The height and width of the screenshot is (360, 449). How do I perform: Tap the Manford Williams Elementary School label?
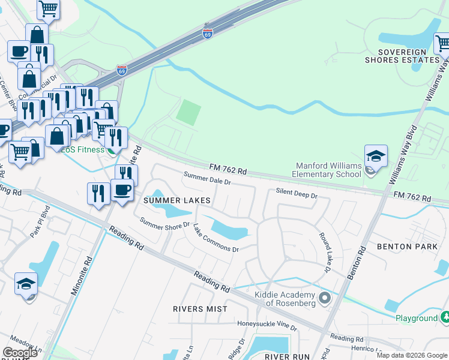point(330,170)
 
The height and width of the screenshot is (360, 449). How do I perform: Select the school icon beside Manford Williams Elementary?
point(376,157)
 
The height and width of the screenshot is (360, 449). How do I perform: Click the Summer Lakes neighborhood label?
point(176,200)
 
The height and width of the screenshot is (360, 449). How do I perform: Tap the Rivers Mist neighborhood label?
point(200,309)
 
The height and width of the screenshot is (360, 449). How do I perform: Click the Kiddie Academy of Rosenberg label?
point(285,299)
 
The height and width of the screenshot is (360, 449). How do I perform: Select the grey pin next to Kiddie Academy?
point(325,298)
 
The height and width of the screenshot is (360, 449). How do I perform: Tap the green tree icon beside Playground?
point(445,317)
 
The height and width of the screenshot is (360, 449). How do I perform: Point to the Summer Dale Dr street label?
point(207,179)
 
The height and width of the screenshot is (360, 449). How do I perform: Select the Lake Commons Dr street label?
point(216,239)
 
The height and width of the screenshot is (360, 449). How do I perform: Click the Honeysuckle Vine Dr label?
point(267,325)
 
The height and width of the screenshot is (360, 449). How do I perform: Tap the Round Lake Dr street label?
point(325,252)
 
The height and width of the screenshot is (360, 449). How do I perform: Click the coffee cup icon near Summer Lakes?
point(122,190)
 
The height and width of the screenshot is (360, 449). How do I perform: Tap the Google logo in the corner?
point(20,353)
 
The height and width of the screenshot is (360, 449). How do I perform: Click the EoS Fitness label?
point(82,149)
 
